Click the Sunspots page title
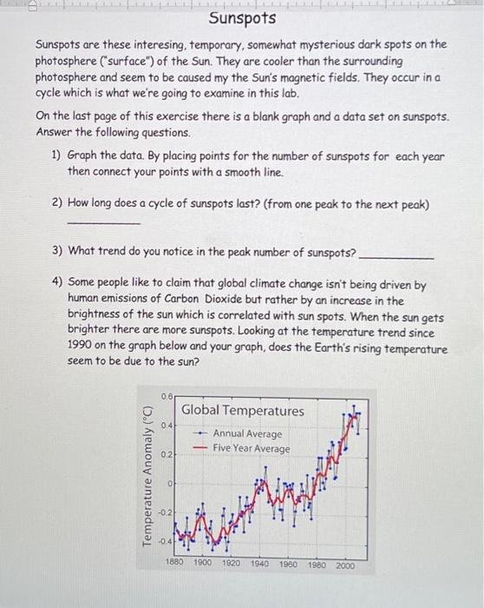coord(243,18)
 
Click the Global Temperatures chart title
coord(243,410)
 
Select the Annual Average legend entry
coord(247,433)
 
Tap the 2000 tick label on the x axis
coord(344,564)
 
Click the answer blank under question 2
coord(103,223)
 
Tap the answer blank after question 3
coord(396,258)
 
